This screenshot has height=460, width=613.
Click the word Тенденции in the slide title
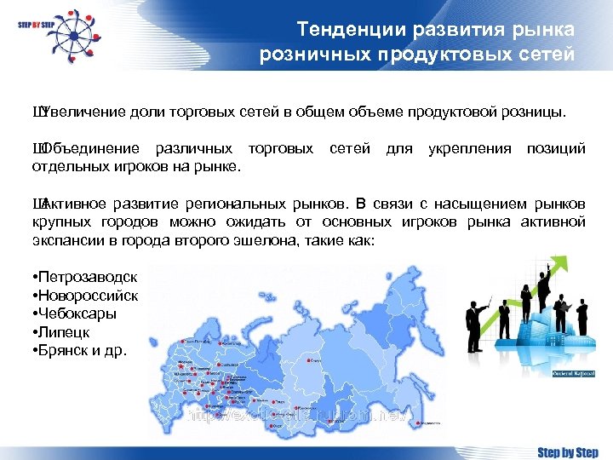coord(337,30)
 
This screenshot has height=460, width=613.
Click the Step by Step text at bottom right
coord(567,451)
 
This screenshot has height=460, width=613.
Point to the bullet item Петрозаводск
coord(85,277)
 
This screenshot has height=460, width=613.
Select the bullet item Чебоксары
coord(75,313)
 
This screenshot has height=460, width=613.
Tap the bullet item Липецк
coord(62,332)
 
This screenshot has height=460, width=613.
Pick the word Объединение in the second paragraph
coord(89,149)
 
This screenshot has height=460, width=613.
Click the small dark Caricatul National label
coord(573,373)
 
